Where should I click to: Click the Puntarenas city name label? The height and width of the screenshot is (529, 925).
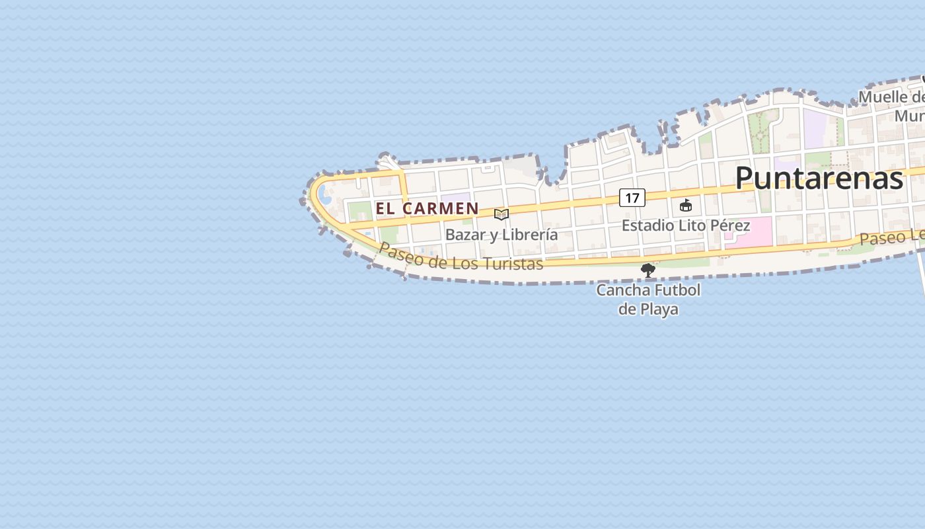[x=819, y=179]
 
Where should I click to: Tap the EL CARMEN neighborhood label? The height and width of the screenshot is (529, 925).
[x=427, y=208]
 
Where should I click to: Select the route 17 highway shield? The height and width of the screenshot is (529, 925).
[x=632, y=198]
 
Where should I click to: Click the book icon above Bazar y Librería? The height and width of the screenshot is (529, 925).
[x=501, y=214]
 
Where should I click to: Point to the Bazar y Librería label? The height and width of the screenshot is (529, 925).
[x=501, y=235]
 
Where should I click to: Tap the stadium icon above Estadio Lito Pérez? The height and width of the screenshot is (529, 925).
[x=686, y=206]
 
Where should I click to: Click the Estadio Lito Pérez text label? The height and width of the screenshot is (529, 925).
[x=686, y=225]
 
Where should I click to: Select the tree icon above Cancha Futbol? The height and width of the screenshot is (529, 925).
[x=648, y=270]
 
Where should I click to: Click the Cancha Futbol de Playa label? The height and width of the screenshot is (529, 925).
[x=648, y=300]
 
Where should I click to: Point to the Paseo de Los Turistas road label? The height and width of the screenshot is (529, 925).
[x=461, y=258]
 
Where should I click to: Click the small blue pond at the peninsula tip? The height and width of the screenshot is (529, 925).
[x=325, y=195]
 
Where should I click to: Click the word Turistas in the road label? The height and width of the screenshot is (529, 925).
[x=512, y=264]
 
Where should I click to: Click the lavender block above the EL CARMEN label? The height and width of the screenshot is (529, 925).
[x=456, y=198]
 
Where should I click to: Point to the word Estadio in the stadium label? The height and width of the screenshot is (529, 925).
[x=645, y=225]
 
